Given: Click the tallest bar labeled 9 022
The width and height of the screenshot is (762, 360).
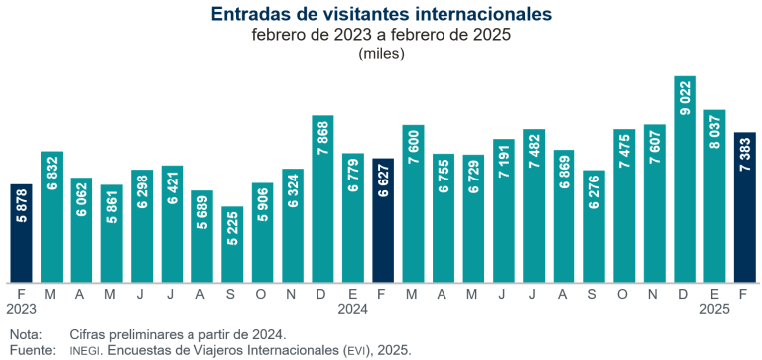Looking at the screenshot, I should point(684,179).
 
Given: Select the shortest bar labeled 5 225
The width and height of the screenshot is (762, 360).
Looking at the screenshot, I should point(232,244).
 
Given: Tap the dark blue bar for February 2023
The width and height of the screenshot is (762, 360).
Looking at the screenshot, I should point(21,233).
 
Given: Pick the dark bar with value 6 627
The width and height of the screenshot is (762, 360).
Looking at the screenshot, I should point(383,220).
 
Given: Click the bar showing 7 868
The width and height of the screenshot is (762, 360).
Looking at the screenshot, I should point(322,198).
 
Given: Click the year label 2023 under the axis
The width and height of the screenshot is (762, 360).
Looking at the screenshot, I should point(21,309).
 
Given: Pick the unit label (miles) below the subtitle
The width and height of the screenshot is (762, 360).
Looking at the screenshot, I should point(381,53).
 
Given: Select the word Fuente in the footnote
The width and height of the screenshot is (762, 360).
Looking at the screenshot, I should point(29,350).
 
